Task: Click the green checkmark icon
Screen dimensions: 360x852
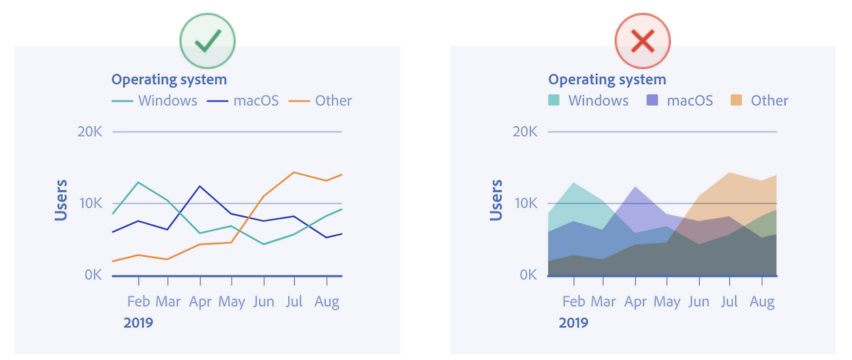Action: pos(208,43)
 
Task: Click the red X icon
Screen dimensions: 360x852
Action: pos(642,43)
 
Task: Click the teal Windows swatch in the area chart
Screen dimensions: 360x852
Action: pos(554,100)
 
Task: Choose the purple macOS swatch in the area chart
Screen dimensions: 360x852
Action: pos(653,100)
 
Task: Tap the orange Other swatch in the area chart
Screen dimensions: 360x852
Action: pos(736,100)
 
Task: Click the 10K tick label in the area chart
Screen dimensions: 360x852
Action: pos(525,203)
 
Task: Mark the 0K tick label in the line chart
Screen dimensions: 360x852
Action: pos(93,275)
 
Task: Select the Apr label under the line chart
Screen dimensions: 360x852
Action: pos(200,301)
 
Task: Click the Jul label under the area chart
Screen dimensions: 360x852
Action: pos(730,301)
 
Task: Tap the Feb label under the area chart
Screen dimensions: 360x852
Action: pos(573,301)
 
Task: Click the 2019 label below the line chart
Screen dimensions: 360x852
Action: pos(138,323)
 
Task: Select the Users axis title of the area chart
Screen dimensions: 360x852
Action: pos(496,200)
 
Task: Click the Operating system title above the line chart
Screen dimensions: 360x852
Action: pos(169,80)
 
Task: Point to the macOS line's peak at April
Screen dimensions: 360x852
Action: pos(200,186)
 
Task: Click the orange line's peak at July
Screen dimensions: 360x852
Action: pos(294,172)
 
